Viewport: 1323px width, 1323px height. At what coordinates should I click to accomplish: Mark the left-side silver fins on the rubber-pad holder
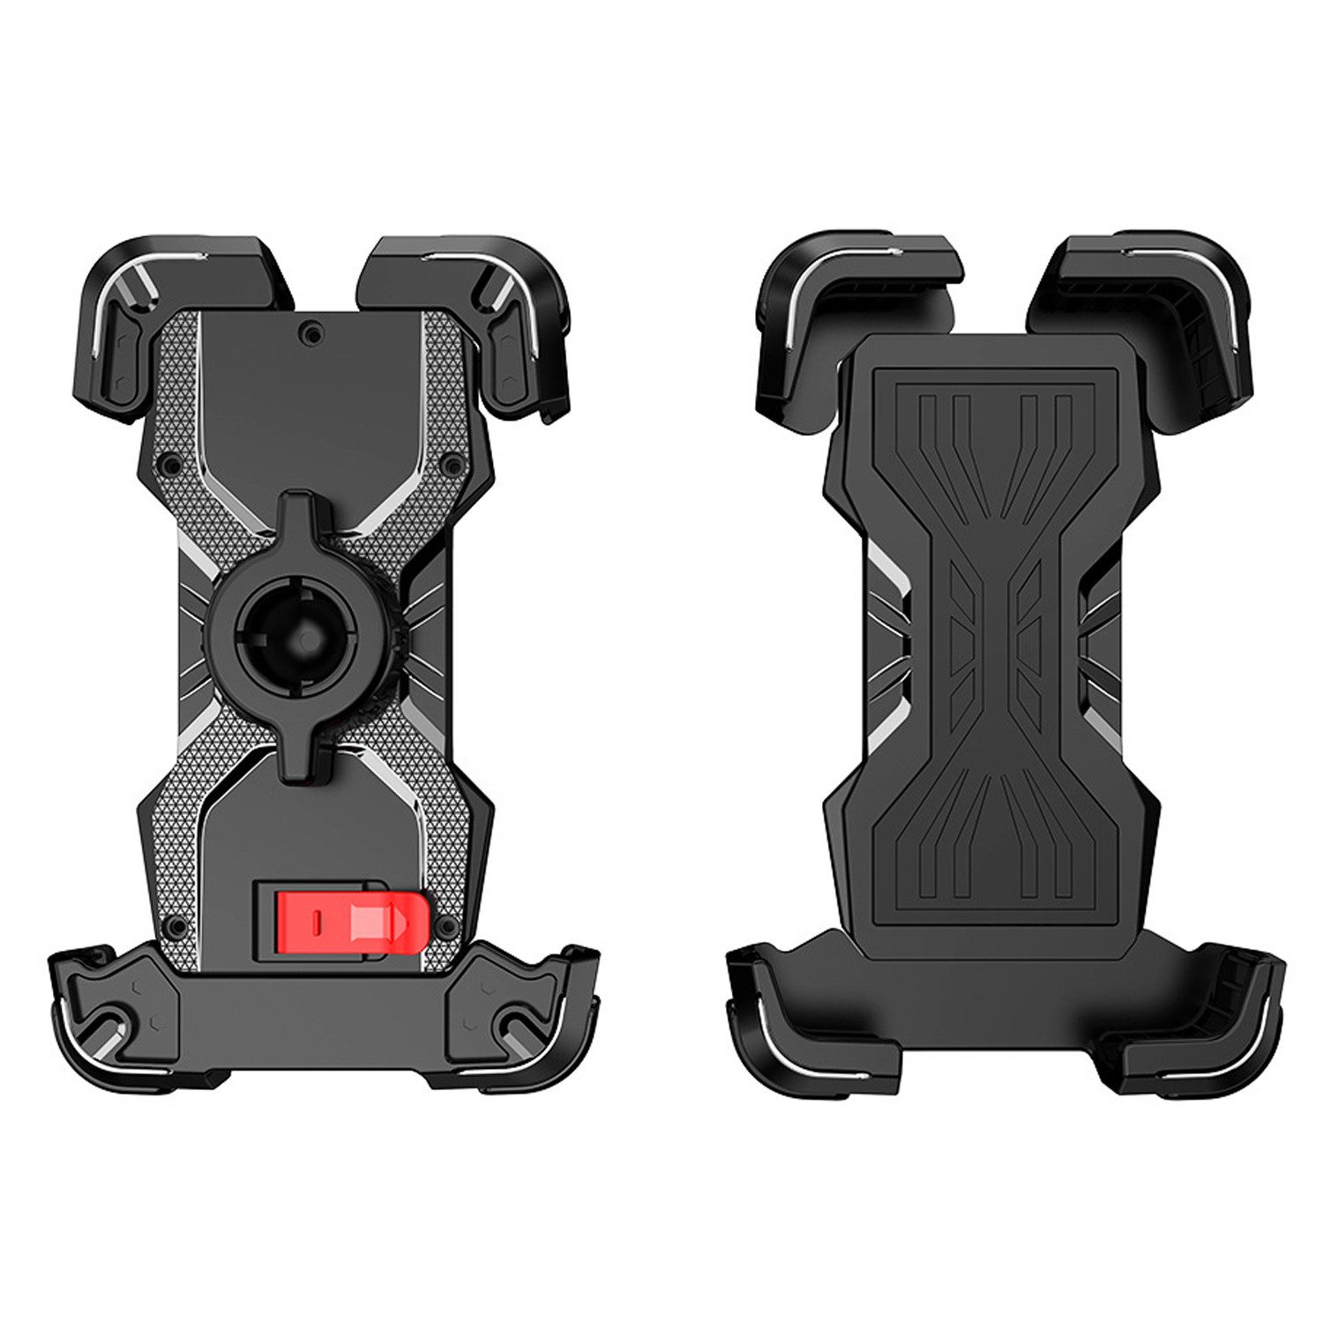886,635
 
